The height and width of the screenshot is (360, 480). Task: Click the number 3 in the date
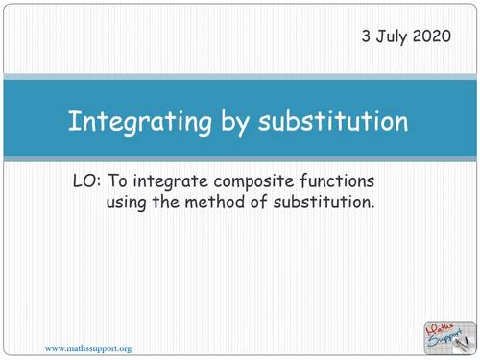click(x=366, y=36)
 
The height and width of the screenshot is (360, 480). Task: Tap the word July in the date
click(x=396, y=37)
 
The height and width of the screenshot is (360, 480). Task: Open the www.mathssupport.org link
click(x=89, y=347)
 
